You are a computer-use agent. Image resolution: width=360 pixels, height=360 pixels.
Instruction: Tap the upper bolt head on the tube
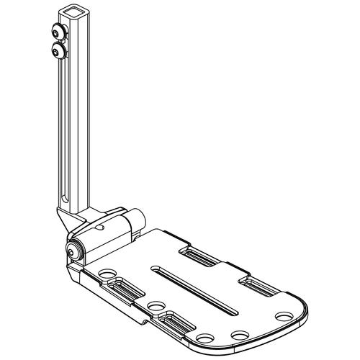(x=56, y=32)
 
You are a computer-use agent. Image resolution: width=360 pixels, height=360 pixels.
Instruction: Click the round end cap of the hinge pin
(x=73, y=249)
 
